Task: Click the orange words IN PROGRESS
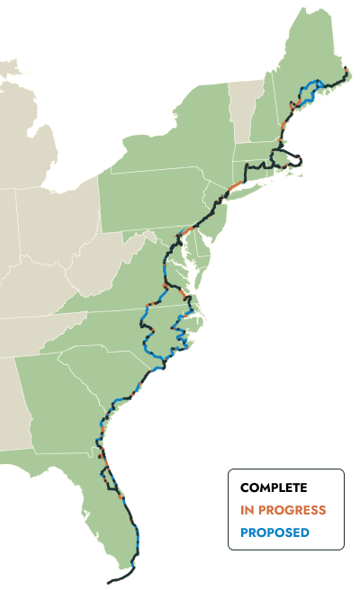[283, 510]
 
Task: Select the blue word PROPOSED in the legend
[274, 532]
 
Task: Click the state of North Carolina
[135, 328]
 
